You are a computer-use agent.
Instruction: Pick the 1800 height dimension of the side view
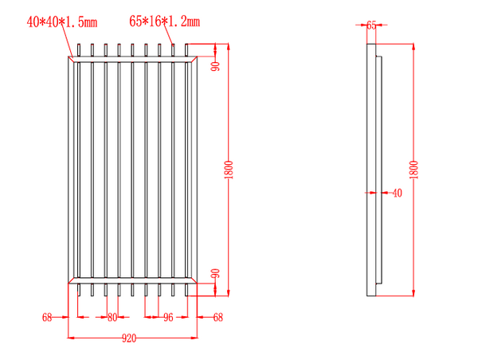(x=412, y=170)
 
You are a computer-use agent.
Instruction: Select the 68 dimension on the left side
(x=47, y=317)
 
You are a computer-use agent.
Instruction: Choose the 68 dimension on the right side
(x=218, y=317)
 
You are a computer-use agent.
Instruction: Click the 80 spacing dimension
(x=112, y=317)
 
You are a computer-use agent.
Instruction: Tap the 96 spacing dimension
(x=168, y=317)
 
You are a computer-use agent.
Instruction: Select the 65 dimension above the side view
(x=371, y=25)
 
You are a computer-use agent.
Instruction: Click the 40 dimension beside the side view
(x=397, y=192)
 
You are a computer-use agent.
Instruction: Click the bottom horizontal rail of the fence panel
(x=132, y=280)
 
